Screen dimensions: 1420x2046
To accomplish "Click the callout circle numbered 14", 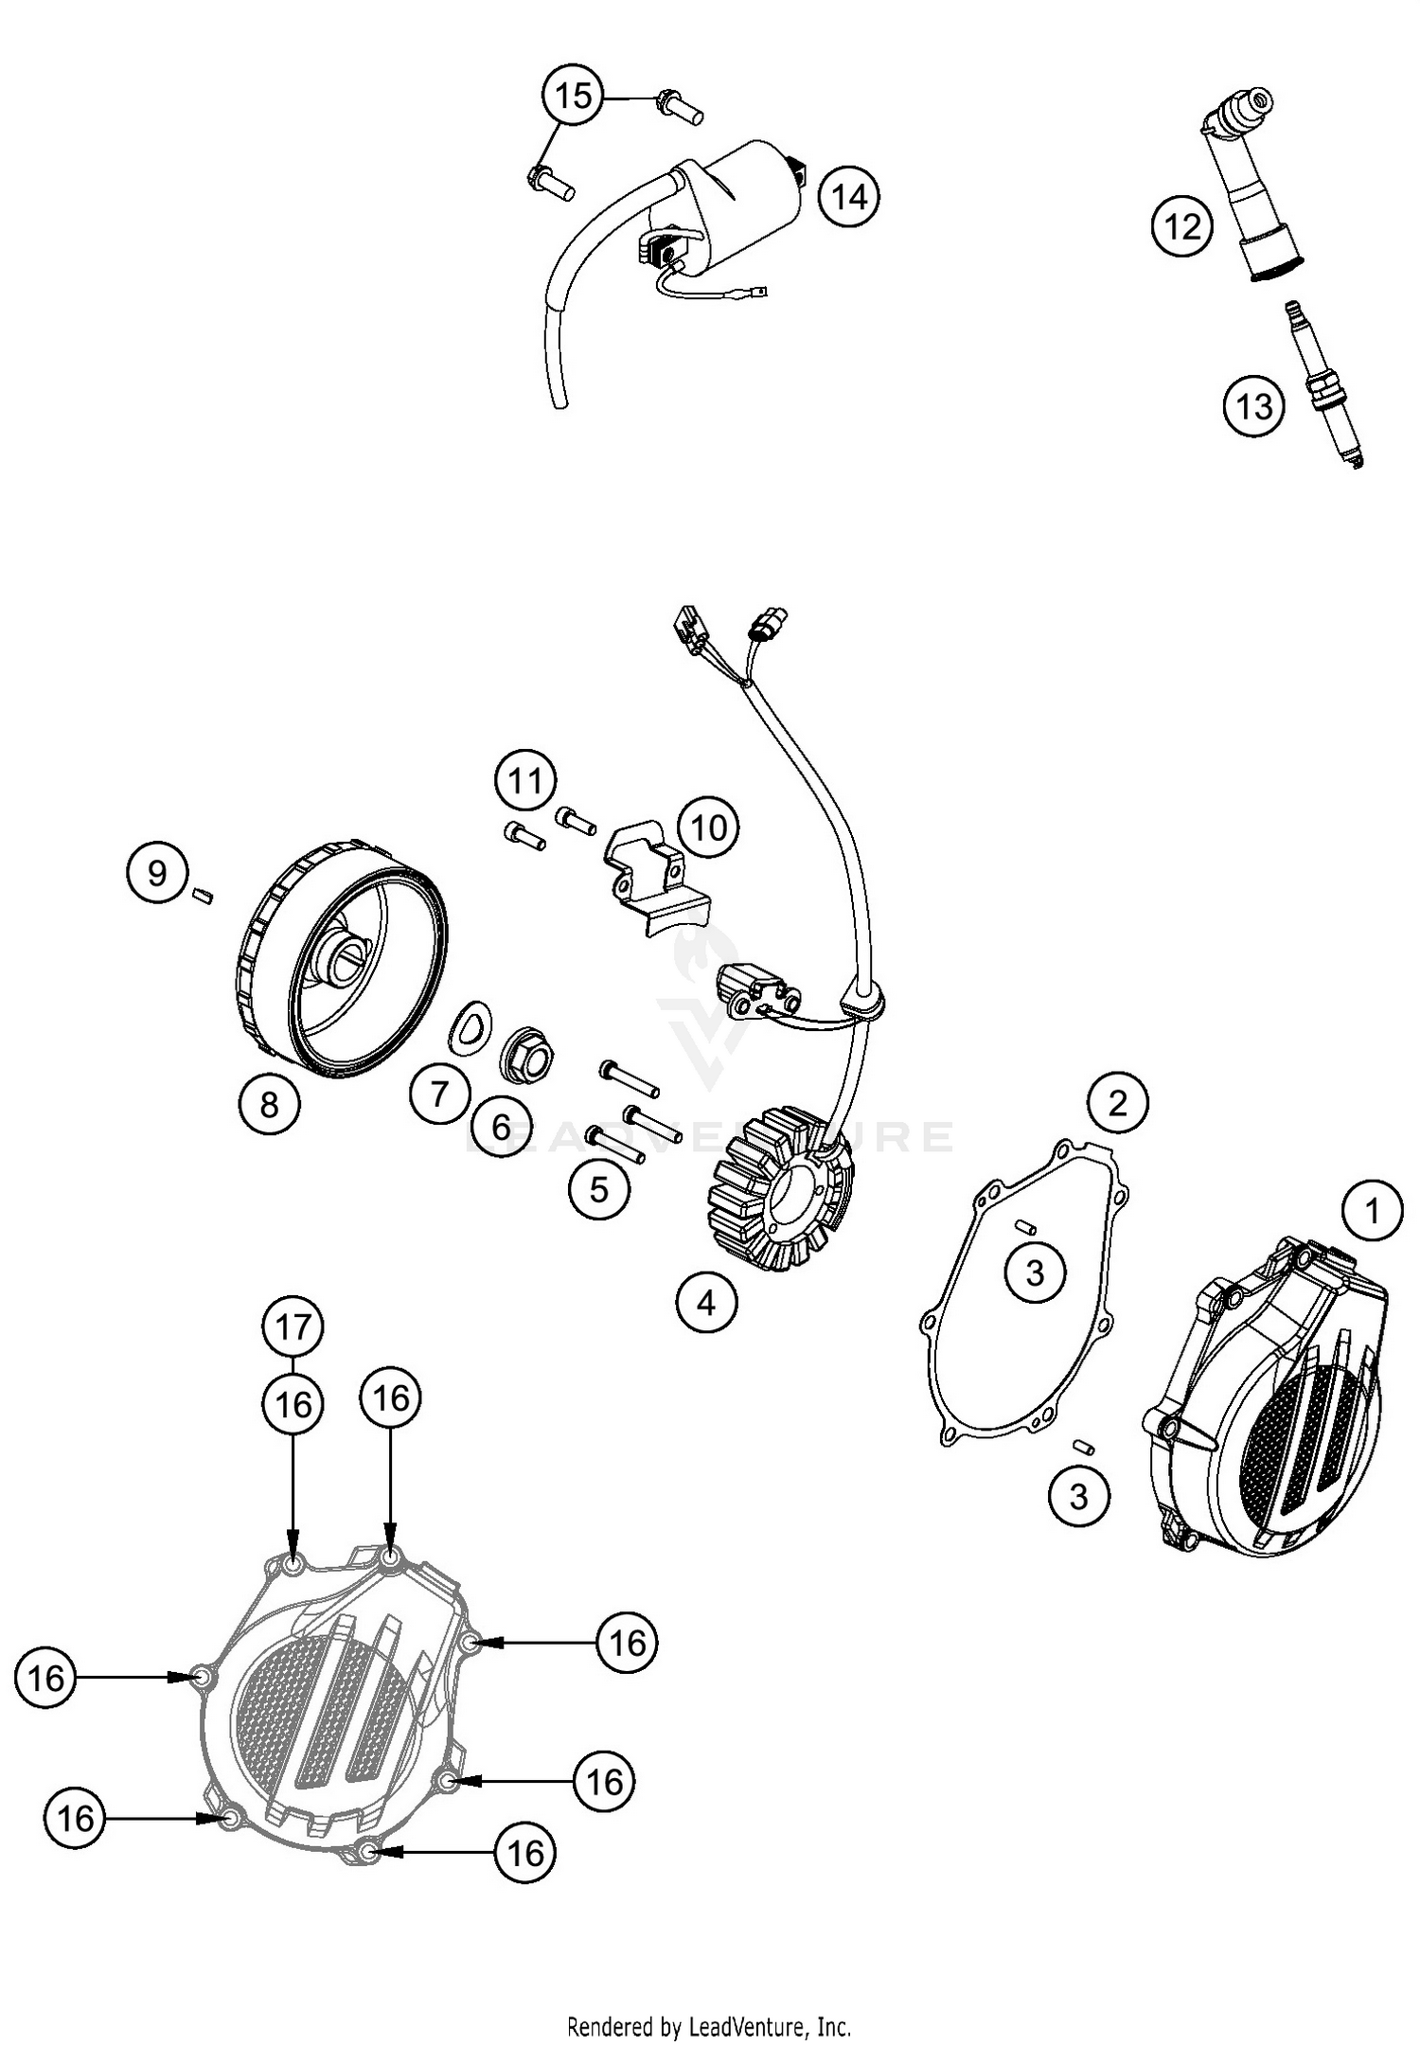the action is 849,196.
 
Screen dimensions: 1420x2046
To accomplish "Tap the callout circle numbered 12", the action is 1182,227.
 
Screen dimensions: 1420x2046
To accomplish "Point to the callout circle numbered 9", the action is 156,872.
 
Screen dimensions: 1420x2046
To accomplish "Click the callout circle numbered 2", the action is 1118,1103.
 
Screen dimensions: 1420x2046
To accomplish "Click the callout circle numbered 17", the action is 293,1326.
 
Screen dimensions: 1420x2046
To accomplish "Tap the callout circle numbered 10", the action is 708,827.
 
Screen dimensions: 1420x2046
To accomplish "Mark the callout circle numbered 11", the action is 525,780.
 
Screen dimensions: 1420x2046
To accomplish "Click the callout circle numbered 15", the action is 573,96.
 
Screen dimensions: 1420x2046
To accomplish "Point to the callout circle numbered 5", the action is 598,1189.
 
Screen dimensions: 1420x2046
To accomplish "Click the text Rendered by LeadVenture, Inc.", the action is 709,2027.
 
